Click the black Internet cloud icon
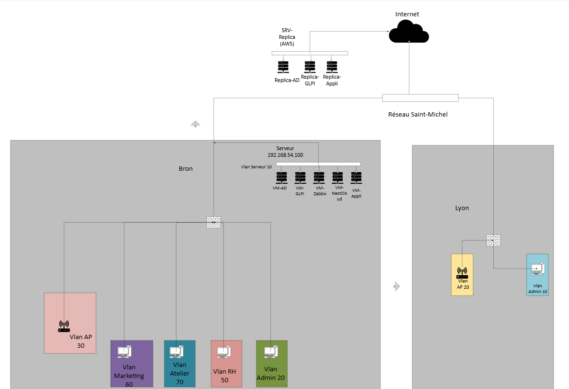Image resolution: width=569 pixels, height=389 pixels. (x=408, y=34)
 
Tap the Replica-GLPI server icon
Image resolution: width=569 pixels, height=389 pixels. (x=310, y=67)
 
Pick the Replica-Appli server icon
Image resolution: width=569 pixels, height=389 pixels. (x=331, y=67)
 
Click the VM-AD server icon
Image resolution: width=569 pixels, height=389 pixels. (x=281, y=177)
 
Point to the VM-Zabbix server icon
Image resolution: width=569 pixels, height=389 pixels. (x=319, y=177)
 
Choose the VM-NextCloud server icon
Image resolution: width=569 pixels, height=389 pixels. (x=337, y=177)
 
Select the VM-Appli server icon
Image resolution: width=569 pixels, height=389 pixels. (x=356, y=177)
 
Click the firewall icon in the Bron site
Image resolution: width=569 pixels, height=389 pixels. (x=213, y=222)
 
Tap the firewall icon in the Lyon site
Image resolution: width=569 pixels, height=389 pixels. (x=493, y=240)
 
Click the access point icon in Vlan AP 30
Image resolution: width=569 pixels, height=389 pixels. (x=64, y=327)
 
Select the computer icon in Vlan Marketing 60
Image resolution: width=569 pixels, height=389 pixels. (x=124, y=353)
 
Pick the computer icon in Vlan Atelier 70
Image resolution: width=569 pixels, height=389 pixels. (x=176, y=353)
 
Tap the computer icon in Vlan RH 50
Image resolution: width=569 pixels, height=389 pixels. (x=223, y=353)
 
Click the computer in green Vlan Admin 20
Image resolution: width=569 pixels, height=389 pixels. (x=270, y=353)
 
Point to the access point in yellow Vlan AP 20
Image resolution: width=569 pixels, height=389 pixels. (x=462, y=273)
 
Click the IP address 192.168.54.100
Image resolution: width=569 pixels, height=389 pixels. (x=285, y=155)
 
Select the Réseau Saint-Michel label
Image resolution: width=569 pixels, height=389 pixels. (x=418, y=115)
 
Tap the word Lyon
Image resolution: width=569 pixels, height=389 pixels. (x=462, y=208)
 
